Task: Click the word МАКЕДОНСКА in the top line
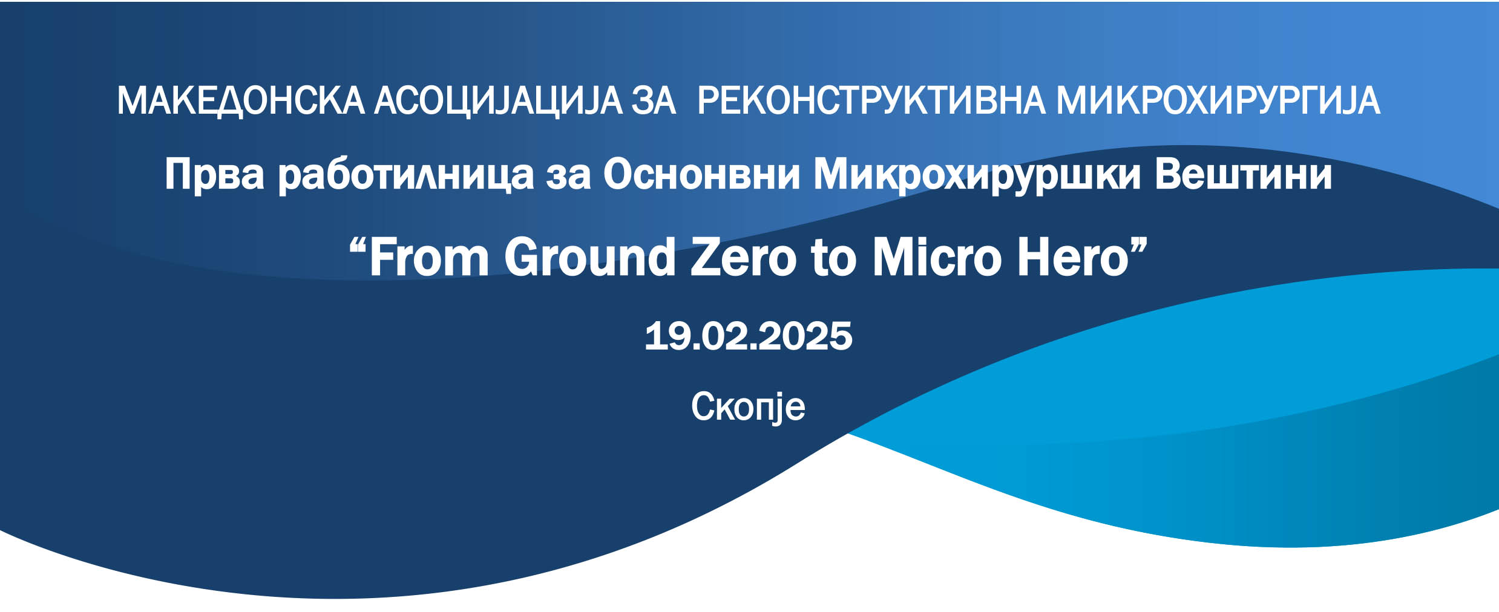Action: (x=240, y=100)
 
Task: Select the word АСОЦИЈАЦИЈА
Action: (x=498, y=100)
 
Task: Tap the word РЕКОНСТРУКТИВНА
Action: (x=871, y=100)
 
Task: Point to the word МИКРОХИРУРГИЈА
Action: (x=1218, y=100)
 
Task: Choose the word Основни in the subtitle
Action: (x=701, y=174)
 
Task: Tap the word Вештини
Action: (x=1243, y=174)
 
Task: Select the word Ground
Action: (x=590, y=257)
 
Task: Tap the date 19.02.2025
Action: (x=749, y=336)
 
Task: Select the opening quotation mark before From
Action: (x=358, y=246)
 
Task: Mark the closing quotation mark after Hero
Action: (x=1138, y=246)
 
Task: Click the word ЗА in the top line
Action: (x=654, y=100)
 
